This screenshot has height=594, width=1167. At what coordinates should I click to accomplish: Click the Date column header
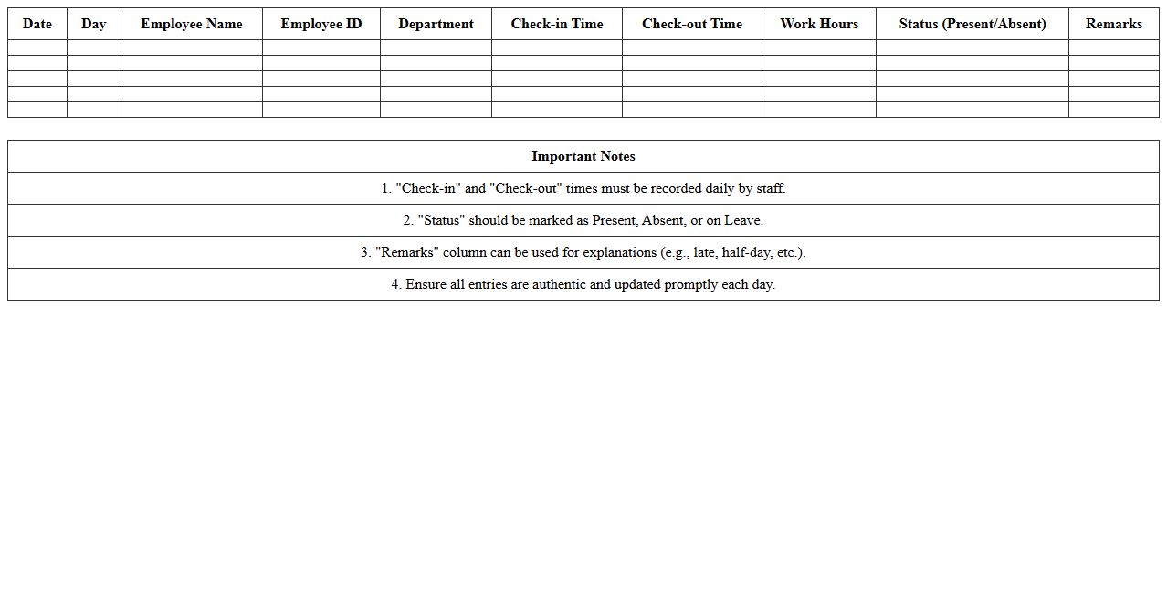[37, 24]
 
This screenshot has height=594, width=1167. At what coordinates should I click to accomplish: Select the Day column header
[93, 24]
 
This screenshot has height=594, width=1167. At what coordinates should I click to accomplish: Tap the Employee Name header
[192, 24]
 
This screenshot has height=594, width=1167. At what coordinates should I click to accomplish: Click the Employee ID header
[321, 24]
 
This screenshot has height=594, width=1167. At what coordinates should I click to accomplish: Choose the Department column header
[436, 24]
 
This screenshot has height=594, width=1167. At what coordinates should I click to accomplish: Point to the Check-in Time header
[557, 24]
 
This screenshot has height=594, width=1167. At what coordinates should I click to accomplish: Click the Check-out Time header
[692, 24]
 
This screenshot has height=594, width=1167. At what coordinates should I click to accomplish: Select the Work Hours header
[819, 24]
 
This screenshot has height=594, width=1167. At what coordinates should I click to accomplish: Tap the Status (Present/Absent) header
[972, 24]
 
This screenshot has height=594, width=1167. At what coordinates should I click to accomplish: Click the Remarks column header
[1114, 24]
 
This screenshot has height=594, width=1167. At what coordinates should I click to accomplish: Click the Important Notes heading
[583, 156]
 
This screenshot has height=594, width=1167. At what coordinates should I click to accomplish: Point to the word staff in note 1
[770, 188]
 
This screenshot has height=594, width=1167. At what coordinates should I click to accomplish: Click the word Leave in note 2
[743, 220]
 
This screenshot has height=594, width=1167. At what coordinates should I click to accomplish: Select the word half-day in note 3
[746, 252]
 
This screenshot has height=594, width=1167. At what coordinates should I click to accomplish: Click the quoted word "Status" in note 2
[441, 220]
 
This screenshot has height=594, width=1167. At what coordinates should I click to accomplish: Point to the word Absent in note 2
[662, 220]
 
